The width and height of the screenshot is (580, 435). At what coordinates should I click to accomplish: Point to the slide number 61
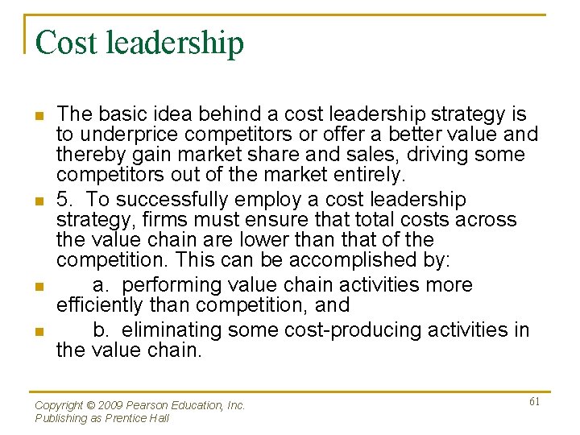coord(534,401)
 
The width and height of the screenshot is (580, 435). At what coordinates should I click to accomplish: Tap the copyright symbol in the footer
coord(92,406)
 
